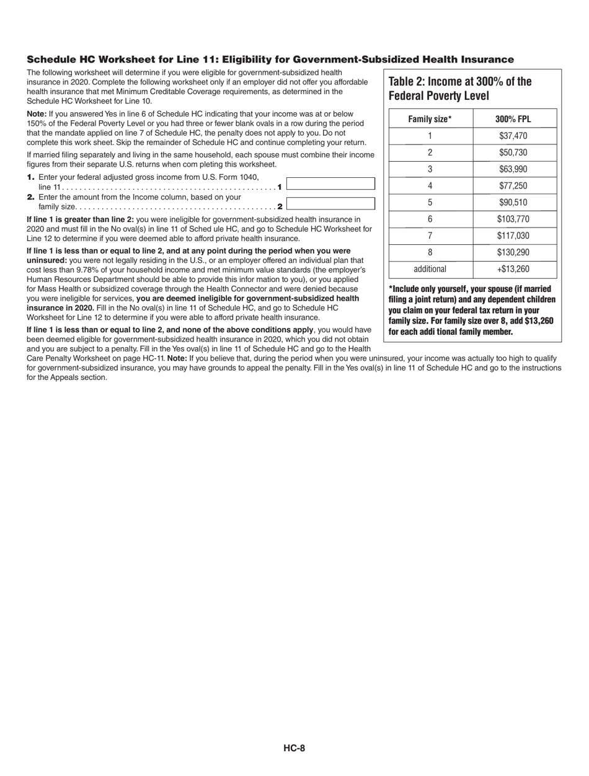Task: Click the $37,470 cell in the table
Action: tap(513, 136)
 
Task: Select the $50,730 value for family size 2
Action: tap(513, 152)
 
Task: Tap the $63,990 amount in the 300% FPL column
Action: tap(513, 169)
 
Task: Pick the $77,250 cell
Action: tap(513, 185)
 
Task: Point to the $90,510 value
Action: tap(513, 202)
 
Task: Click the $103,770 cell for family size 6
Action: tap(513, 219)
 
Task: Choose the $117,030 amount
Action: tap(513, 236)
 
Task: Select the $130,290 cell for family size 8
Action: tap(513, 252)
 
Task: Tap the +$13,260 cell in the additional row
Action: tap(513, 269)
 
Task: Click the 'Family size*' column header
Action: tap(430, 119)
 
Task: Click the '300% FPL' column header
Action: tap(513, 119)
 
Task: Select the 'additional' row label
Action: tap(430, 269)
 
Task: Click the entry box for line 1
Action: tap(331, 184)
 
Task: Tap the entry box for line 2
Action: tap(331, 203)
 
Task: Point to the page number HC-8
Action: tap(294, 747)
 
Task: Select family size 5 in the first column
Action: tap(430, 202)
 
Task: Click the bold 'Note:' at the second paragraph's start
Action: tap(37, 114)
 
